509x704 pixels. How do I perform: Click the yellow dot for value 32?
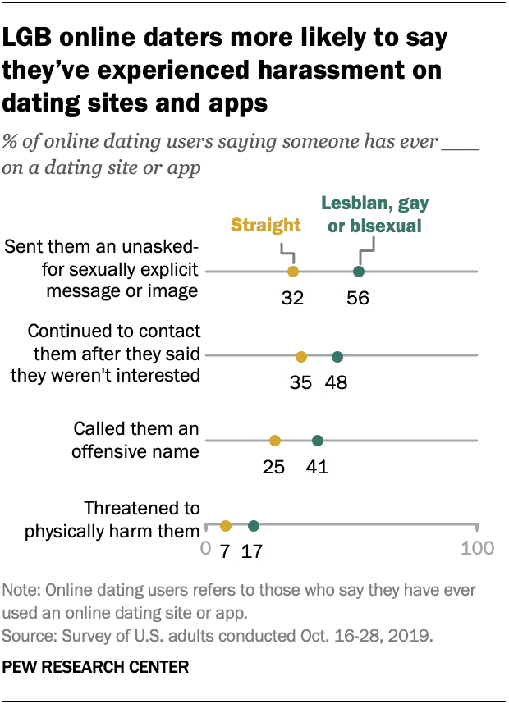(x=292, y=272)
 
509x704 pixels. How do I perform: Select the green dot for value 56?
(x=359, y=272)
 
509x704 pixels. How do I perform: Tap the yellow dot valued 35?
(x=301, y=356)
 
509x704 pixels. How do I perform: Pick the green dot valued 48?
(x=337, y=356)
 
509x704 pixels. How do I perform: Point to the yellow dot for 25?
(x=274, y=441)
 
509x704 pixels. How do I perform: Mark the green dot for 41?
(x=318, y=441)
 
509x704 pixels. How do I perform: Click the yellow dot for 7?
(x=225, y=526)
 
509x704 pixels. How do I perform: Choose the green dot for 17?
(x=253, y=526)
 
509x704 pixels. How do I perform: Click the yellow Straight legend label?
(x=266, y=225)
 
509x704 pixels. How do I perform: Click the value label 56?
(x=358, y=298)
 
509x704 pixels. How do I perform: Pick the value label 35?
(x=300, y=382)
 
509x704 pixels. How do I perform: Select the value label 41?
(x=317, y=467)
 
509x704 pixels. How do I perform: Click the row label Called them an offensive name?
(x=135, y=440)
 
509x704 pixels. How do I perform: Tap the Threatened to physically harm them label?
(x=112, y=519)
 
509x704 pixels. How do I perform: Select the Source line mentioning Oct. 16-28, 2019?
(x=218, y=636)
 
